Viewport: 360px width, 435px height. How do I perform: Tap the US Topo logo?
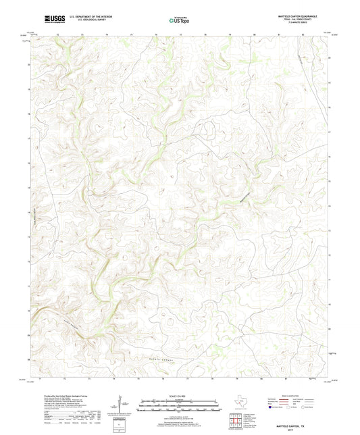178,20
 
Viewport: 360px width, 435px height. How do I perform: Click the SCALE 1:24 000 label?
179,394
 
